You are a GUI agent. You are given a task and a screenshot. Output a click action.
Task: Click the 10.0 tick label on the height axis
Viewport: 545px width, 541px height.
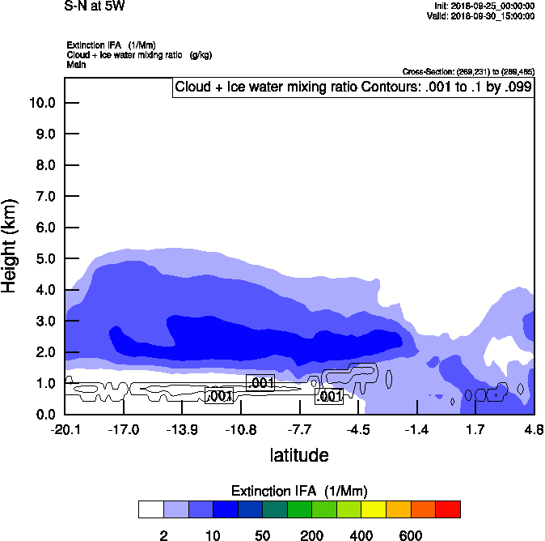41,103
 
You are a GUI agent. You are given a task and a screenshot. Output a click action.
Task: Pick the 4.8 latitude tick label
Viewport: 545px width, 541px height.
533,429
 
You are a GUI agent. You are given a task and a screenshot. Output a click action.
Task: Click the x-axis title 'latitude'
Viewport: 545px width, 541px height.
299,455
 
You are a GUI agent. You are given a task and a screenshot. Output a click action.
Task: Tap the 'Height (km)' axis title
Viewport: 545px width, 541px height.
11,245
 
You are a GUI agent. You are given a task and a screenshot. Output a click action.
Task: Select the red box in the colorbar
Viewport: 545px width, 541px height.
448,509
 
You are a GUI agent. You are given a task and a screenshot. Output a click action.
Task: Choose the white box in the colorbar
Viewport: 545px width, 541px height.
150,509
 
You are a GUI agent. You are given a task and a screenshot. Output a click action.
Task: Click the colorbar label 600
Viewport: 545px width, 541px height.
411,535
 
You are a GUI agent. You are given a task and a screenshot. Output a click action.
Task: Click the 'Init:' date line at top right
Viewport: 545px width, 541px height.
484,6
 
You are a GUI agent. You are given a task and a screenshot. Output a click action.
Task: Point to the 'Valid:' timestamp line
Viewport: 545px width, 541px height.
480,15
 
